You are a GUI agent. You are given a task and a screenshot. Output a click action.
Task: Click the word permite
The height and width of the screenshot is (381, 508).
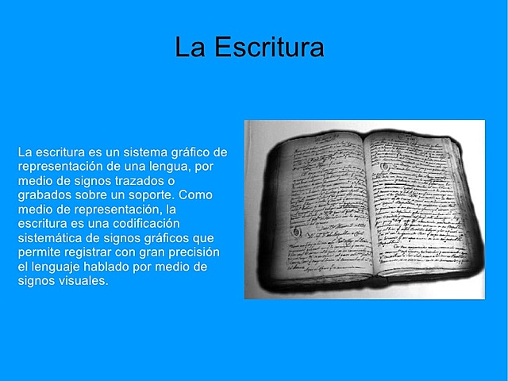[x=40, y=252]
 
